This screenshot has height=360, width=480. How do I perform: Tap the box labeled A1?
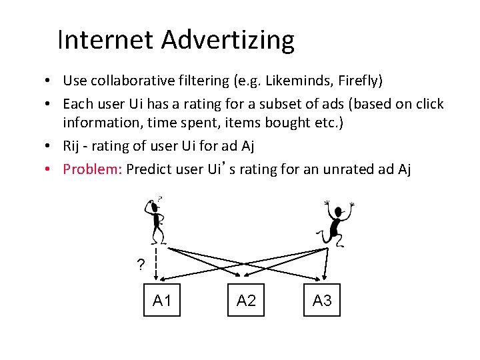point(163,301)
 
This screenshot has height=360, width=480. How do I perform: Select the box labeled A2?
point(246,301)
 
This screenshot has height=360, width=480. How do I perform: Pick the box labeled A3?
point(322,301)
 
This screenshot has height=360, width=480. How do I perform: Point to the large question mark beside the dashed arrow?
point(140,265)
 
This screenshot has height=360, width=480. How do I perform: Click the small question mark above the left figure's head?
point(160,199)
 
